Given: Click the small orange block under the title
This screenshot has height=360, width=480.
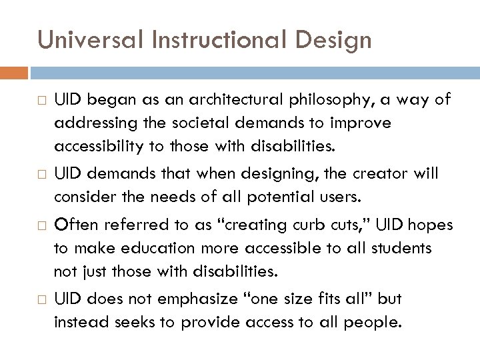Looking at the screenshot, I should click(14, 71).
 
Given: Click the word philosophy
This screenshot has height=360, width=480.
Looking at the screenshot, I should click(331, 100).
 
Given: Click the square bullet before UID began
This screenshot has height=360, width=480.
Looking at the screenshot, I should click(43, 101).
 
